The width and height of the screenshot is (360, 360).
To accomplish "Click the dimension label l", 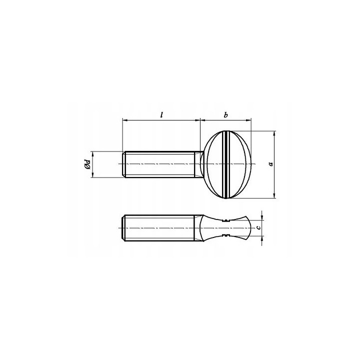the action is [x=161, y=115].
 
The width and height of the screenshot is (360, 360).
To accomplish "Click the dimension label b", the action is [x=226, y=115].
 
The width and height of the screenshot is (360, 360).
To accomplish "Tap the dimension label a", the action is [x=271, y=163].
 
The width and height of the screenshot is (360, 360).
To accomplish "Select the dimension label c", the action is [x=258, y=227].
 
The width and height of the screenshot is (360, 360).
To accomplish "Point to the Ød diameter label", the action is [x=87, y=164].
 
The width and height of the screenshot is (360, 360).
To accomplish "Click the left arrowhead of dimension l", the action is [x=125, y=120].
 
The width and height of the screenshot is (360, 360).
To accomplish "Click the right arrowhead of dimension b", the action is [x=248, y=120].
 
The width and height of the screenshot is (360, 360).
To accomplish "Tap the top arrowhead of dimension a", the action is [x=274, y=133].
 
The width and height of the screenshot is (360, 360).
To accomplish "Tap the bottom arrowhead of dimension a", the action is [x=274, y=195].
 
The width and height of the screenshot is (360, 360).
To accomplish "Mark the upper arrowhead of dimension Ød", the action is [x=93, y=154].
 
